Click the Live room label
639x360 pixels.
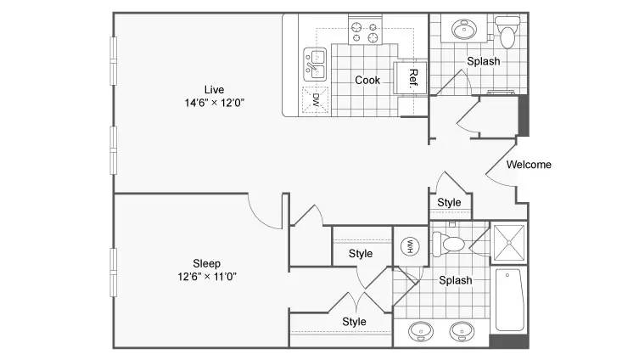pyautogui.click(x=214, y=90)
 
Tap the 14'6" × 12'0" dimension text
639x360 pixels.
pyautogui.click(x=215, y=103)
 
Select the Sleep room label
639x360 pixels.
pyautogui.click(x=206, y=264)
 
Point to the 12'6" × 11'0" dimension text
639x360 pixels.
pyautogui.click(x=207, y=277)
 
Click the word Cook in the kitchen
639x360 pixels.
pyautogui.click(x=367, y=81)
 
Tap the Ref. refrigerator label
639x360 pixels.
pyautogui.click(x=413, y=78)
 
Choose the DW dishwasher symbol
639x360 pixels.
pyautogui.click(x=315, y=99)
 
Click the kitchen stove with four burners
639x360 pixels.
pyautogui.click(x=365, y=31)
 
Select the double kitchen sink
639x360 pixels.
pyautogui.click(x=315, y=64)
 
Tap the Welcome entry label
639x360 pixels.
pyautogui.click(x=529, y=165)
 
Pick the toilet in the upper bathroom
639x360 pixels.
pyautogui.click(x=507, y=31)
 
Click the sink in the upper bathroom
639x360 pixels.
pyautogui.click(x=464, y=30)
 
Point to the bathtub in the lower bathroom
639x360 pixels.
pyautogui.click(x=509, y=300)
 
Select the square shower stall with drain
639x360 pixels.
pyautogui.click(x=509, y=243)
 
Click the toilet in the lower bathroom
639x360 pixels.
pyautogui.click(x=449, y=244)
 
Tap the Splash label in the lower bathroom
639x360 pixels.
pyautogui.click(x=455, y=280)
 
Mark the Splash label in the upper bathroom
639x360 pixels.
pyautogui.click(x=484, y=62)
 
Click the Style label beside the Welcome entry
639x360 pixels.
pyautogui.click(x=449, y=203)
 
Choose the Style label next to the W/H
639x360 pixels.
pyautogui.click(x=361, y=254)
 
